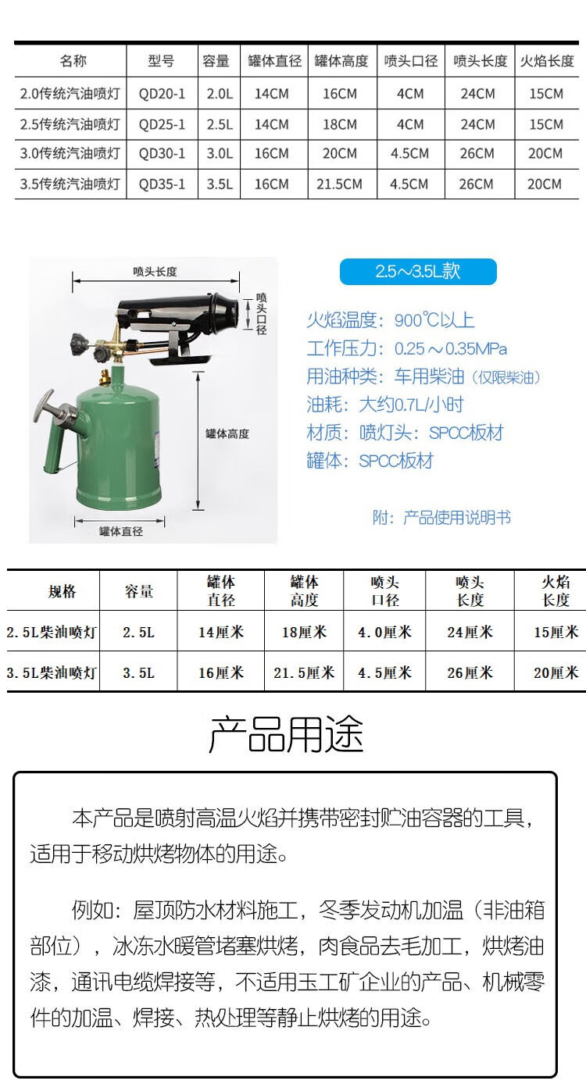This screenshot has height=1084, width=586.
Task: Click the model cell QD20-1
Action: coord(162,94)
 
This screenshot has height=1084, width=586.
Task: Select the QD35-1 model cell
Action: coord(162,184)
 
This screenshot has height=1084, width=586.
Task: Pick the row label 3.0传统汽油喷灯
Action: coord(70,154)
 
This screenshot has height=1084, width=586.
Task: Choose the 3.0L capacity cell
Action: coord(220,154)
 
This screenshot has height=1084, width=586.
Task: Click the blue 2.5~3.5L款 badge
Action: coord(417,271)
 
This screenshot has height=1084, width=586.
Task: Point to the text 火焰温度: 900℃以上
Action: coord(390,320)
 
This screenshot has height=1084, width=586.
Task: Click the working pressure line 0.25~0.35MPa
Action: coord(406,348)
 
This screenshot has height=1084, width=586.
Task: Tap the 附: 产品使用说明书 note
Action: coord(441,517)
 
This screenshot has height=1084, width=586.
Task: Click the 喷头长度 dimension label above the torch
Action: coord(155,272)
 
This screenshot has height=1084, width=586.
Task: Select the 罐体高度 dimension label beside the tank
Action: coord(227,433)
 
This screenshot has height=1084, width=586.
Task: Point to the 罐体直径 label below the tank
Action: coord(121,531)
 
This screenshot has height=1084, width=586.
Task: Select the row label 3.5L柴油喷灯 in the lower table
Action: coord(51,672)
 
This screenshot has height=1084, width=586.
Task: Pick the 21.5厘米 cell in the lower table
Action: coord(304,672)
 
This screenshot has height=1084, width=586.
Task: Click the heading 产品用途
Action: coord(286,735)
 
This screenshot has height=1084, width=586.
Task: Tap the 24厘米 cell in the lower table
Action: coord(470,632)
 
